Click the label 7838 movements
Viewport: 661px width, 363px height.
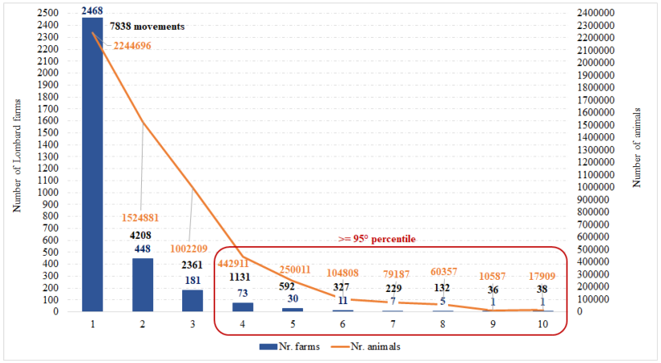pyautogui.click(x=147, y=27)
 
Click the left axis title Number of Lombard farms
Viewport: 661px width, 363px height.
pyautogui.click(x=15, y=162)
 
